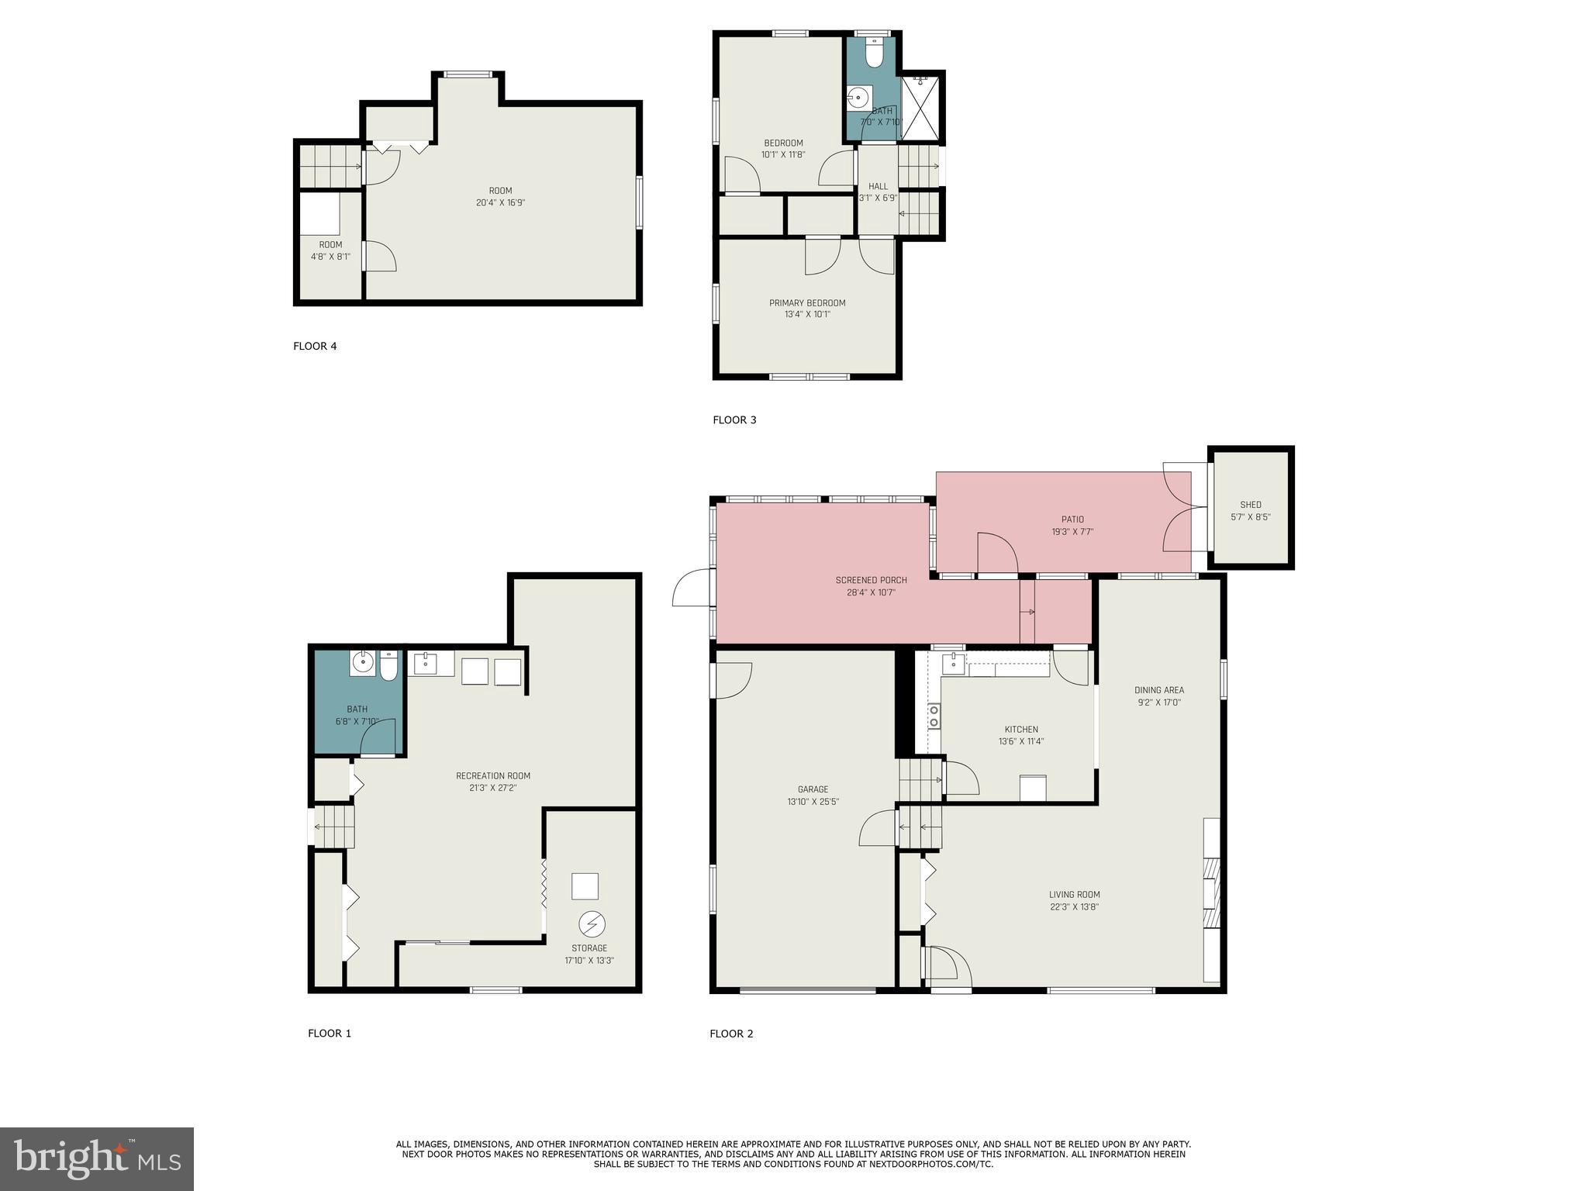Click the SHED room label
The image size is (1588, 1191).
pyautogui.click(x=1250, y=505)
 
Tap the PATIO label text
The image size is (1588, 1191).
pyautogui.click(x=1072, y=520)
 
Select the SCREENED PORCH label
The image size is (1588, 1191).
pyautogui.click(x=871, y=580)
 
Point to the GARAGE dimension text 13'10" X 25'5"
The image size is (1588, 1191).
pyautogui.click(x=813, y=802)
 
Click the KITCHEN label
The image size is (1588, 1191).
pyautogui.click(x=1020, y=730)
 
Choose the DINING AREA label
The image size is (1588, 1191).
pyautogui.click(x=1158, y=690)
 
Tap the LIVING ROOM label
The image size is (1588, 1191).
pyautogui.click(x=1074, y=895)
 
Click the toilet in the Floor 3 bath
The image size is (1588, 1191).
pyautogui.click(x=874, y=54)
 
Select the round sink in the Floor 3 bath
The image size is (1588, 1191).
pyautogui.click(x=858, y=98)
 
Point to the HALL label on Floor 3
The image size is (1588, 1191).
pyautogui.click(x=878, y=186)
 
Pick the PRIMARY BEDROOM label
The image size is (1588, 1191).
pyautogui.click(x=806, y=303)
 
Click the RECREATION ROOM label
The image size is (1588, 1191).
pyautogui.click(x=492, y=776)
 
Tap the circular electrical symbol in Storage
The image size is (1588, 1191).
pyautogui.click(x=592, y=924)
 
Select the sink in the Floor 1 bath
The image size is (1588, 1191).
pyautogui.click(x=362, y=663)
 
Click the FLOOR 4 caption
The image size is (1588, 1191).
pyautogui.click(x=315, y=346)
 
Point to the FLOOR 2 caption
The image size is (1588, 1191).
pyautogui.click(x=731, y=1034)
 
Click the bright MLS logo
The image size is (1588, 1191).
pyautogui.click(x=97, y=1158)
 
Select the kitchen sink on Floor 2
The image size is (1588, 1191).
pyautogui.click(x=952, y=663)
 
